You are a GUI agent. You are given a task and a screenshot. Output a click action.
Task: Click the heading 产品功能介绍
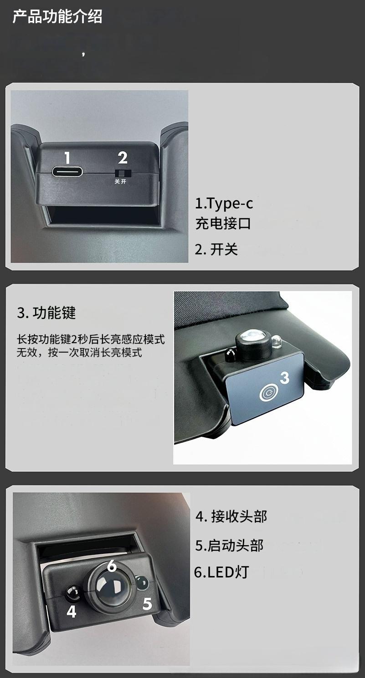click(57, 16)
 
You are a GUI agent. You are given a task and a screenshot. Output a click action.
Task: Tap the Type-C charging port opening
click(67, 172)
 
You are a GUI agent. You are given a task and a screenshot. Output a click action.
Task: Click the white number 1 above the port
click(67, 158)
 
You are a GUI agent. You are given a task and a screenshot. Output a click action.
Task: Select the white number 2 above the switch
click(123, 158)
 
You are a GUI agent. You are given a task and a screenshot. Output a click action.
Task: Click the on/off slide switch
click(123, 173)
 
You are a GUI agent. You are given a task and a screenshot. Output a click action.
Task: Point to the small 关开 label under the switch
click(120, 182)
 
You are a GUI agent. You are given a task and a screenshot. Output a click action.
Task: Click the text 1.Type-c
click(224, 204)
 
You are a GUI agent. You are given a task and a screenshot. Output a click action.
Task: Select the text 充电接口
click(223, 224)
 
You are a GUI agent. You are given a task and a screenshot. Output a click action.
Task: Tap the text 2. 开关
click(216, 250)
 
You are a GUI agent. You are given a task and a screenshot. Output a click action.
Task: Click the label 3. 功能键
click(46, 313)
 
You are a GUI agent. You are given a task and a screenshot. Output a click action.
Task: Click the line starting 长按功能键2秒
click(91, 339)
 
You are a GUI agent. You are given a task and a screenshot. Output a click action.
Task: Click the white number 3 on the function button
click(284, 377)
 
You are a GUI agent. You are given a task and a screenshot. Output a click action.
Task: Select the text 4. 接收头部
click(231, 516)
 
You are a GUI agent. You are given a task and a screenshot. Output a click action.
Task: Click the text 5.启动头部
click(229, 546)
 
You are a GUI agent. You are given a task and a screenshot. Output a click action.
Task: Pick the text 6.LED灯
click(221, 572)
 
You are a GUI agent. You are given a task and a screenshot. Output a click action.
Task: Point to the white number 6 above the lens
click(112, 566)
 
